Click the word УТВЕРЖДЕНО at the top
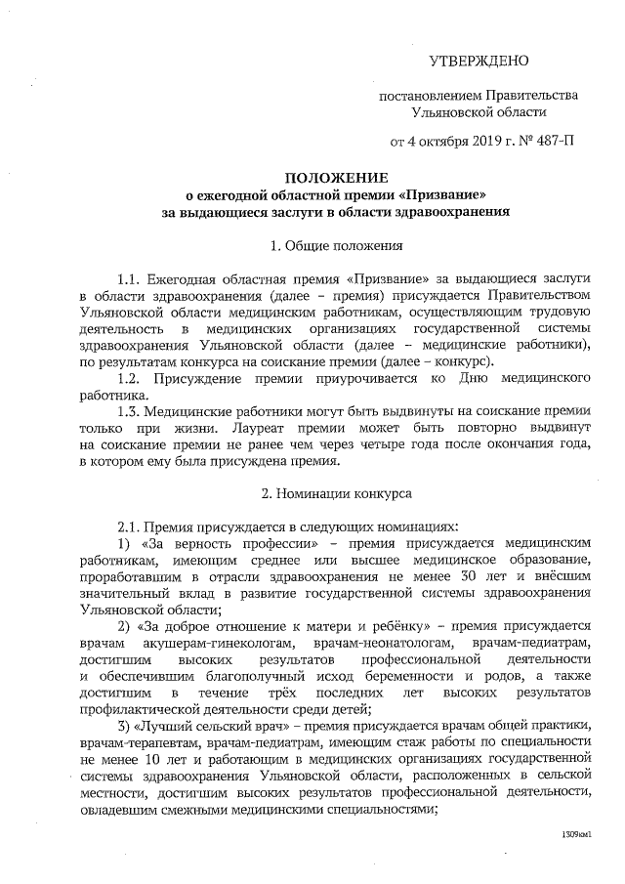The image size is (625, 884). (x=479, y=61)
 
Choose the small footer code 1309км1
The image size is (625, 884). (x=577, y=836)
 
